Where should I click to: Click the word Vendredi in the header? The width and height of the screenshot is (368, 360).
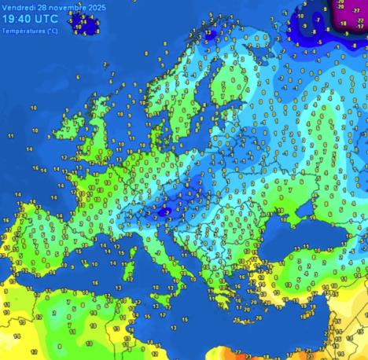[x=18, y=6]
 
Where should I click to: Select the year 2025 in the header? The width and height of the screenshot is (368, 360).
[x=94, y=6]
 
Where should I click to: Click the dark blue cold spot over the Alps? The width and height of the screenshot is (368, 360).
[x=164, y=211]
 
